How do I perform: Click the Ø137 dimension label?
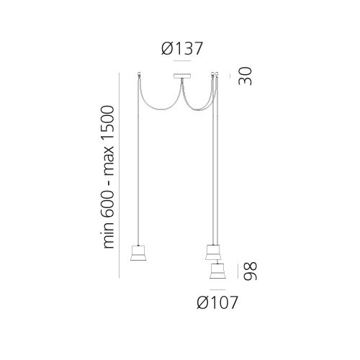[x=182, y=49]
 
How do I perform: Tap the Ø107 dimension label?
[x=217, y=302]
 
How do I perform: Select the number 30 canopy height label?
[x=245, y=76]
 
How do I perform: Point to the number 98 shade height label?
[x=250, y=271]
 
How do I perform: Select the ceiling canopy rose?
[x=182, y=76]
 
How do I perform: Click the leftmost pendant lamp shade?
[x=138, y=253]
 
